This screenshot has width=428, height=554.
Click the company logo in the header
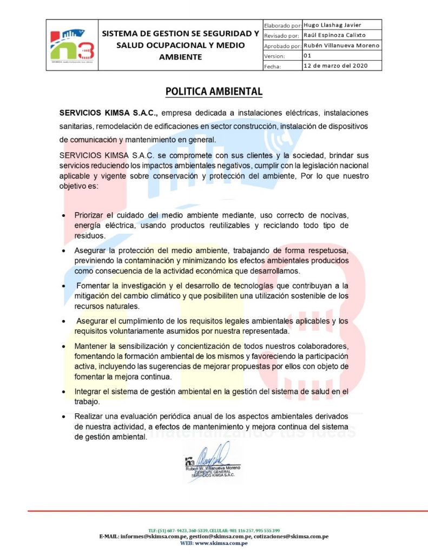point(73,45)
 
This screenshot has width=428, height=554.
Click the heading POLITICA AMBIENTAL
point(214,91)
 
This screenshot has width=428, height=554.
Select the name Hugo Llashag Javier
point(332,25)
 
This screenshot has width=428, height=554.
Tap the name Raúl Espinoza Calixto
point(335,35)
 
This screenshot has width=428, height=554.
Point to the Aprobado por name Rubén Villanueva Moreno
point(341,45)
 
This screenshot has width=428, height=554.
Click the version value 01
point(307,56)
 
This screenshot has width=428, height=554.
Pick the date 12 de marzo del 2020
point(335,66)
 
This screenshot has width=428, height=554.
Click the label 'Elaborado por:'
point(282,25)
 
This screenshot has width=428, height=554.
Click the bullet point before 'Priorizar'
point(64,216)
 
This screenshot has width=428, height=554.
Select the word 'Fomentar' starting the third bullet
point(94,285)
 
